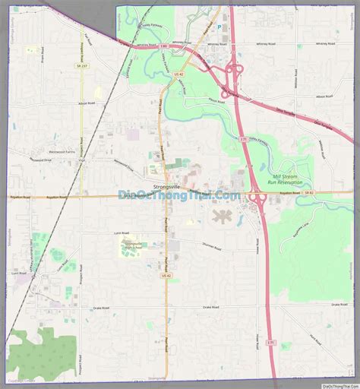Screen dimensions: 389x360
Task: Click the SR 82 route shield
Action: (308, 194)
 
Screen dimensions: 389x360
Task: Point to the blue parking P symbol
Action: (219, 27)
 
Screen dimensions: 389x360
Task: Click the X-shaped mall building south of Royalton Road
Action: (222, 217)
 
